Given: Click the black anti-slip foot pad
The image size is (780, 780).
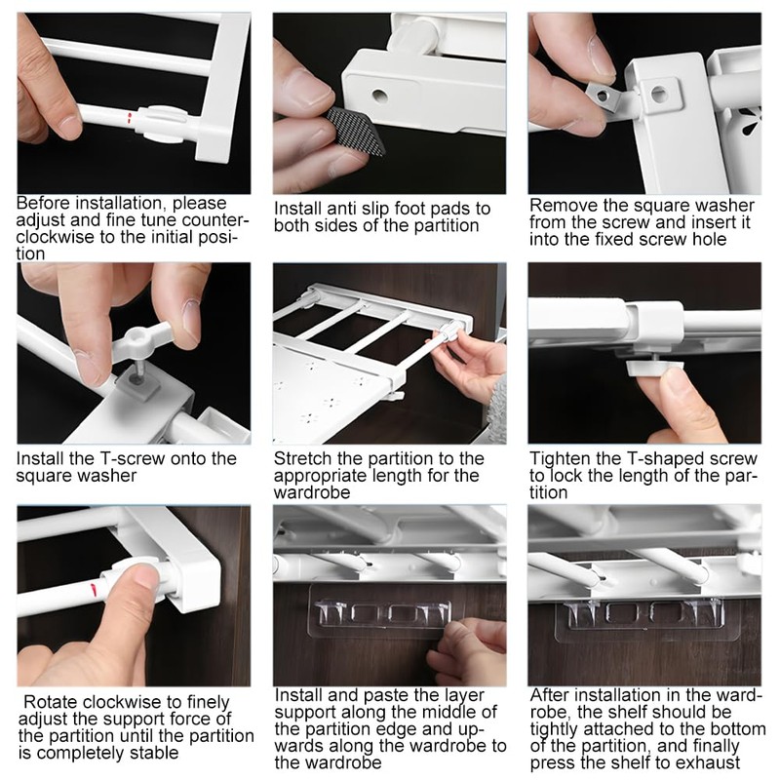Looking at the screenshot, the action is pos(356,131).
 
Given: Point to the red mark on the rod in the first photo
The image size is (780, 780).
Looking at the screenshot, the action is pos(129,118).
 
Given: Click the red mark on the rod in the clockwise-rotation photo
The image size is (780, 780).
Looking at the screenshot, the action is pos(93,590).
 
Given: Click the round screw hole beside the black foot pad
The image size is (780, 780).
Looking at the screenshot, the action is pos(379,95).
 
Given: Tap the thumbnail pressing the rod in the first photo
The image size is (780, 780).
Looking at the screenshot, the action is pos(68,124).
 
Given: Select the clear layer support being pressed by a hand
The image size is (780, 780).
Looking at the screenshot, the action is pos(381,612).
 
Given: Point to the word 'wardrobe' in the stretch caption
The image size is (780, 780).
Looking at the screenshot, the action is pos(312,493).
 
